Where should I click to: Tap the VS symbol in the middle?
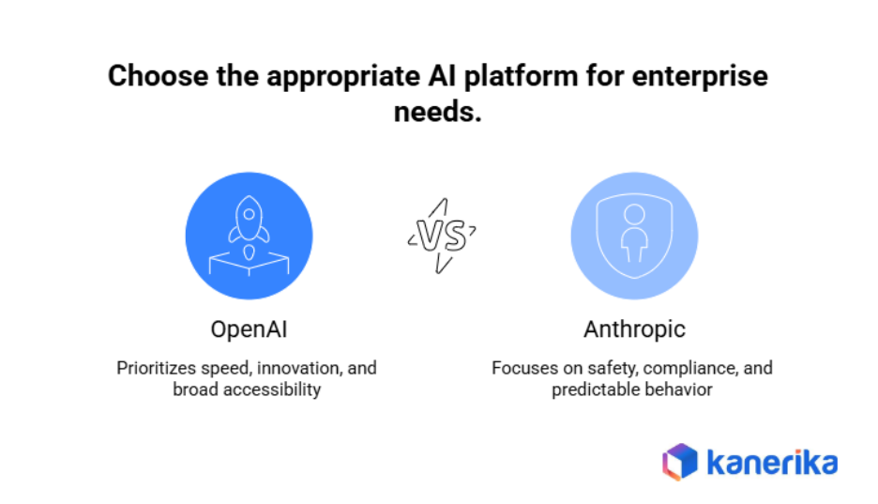pyautogui.click(x=441, y=237)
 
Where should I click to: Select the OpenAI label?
pyautogui.click(x=249, y=329)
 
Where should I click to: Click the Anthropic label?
pyautogui.click(x=634, y=329)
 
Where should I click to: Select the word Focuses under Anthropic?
pyautogui.click(x=523, y=368)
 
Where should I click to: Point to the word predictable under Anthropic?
pyautogui.click(x=593, y=389)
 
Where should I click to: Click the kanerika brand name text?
pyautogui.click(x=771, y=462)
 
